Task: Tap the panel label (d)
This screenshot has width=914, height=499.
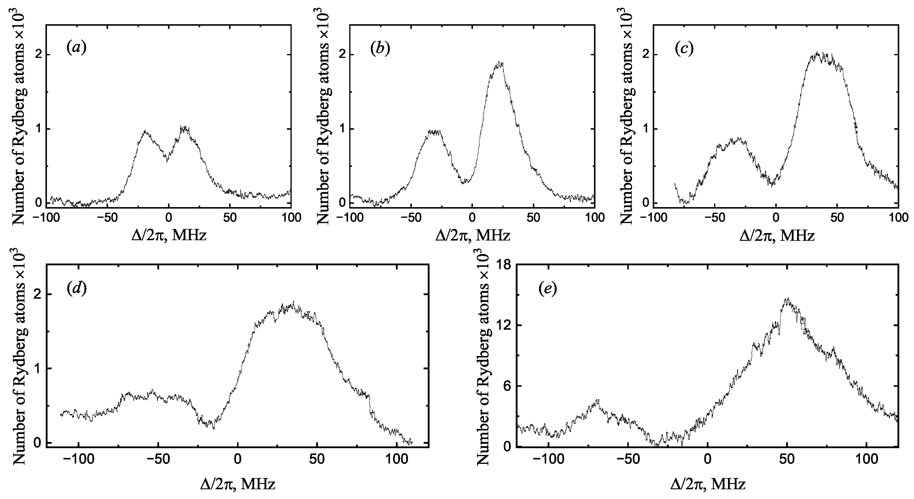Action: click(x=76, y=289)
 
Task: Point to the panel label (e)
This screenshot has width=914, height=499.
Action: click(x=547, y=289)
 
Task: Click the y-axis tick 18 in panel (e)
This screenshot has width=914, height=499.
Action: click(x=503, y=265)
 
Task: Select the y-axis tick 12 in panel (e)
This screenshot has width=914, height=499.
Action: click(x=503, y=325)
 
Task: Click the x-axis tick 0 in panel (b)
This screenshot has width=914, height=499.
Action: click(x=472, y=218)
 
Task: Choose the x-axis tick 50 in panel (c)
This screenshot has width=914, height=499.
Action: click(x=837, y=218)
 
